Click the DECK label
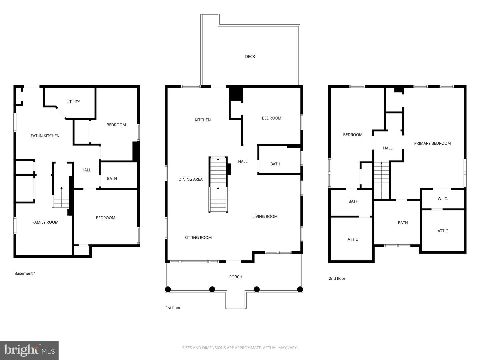250,57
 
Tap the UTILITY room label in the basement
73,102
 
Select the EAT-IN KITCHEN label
45,136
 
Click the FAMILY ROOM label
45,222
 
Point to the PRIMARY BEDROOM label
432,143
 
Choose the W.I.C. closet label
443,199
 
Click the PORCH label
236,277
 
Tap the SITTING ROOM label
198,238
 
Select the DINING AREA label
190,179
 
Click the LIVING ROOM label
265,217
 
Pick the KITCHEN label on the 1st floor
203,120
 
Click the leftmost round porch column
168,289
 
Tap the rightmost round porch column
300,289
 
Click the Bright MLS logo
29,350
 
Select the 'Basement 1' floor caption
25,273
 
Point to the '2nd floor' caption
337,278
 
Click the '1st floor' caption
173,308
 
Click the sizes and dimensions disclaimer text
240,348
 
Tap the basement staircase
61,197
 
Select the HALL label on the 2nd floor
388,148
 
